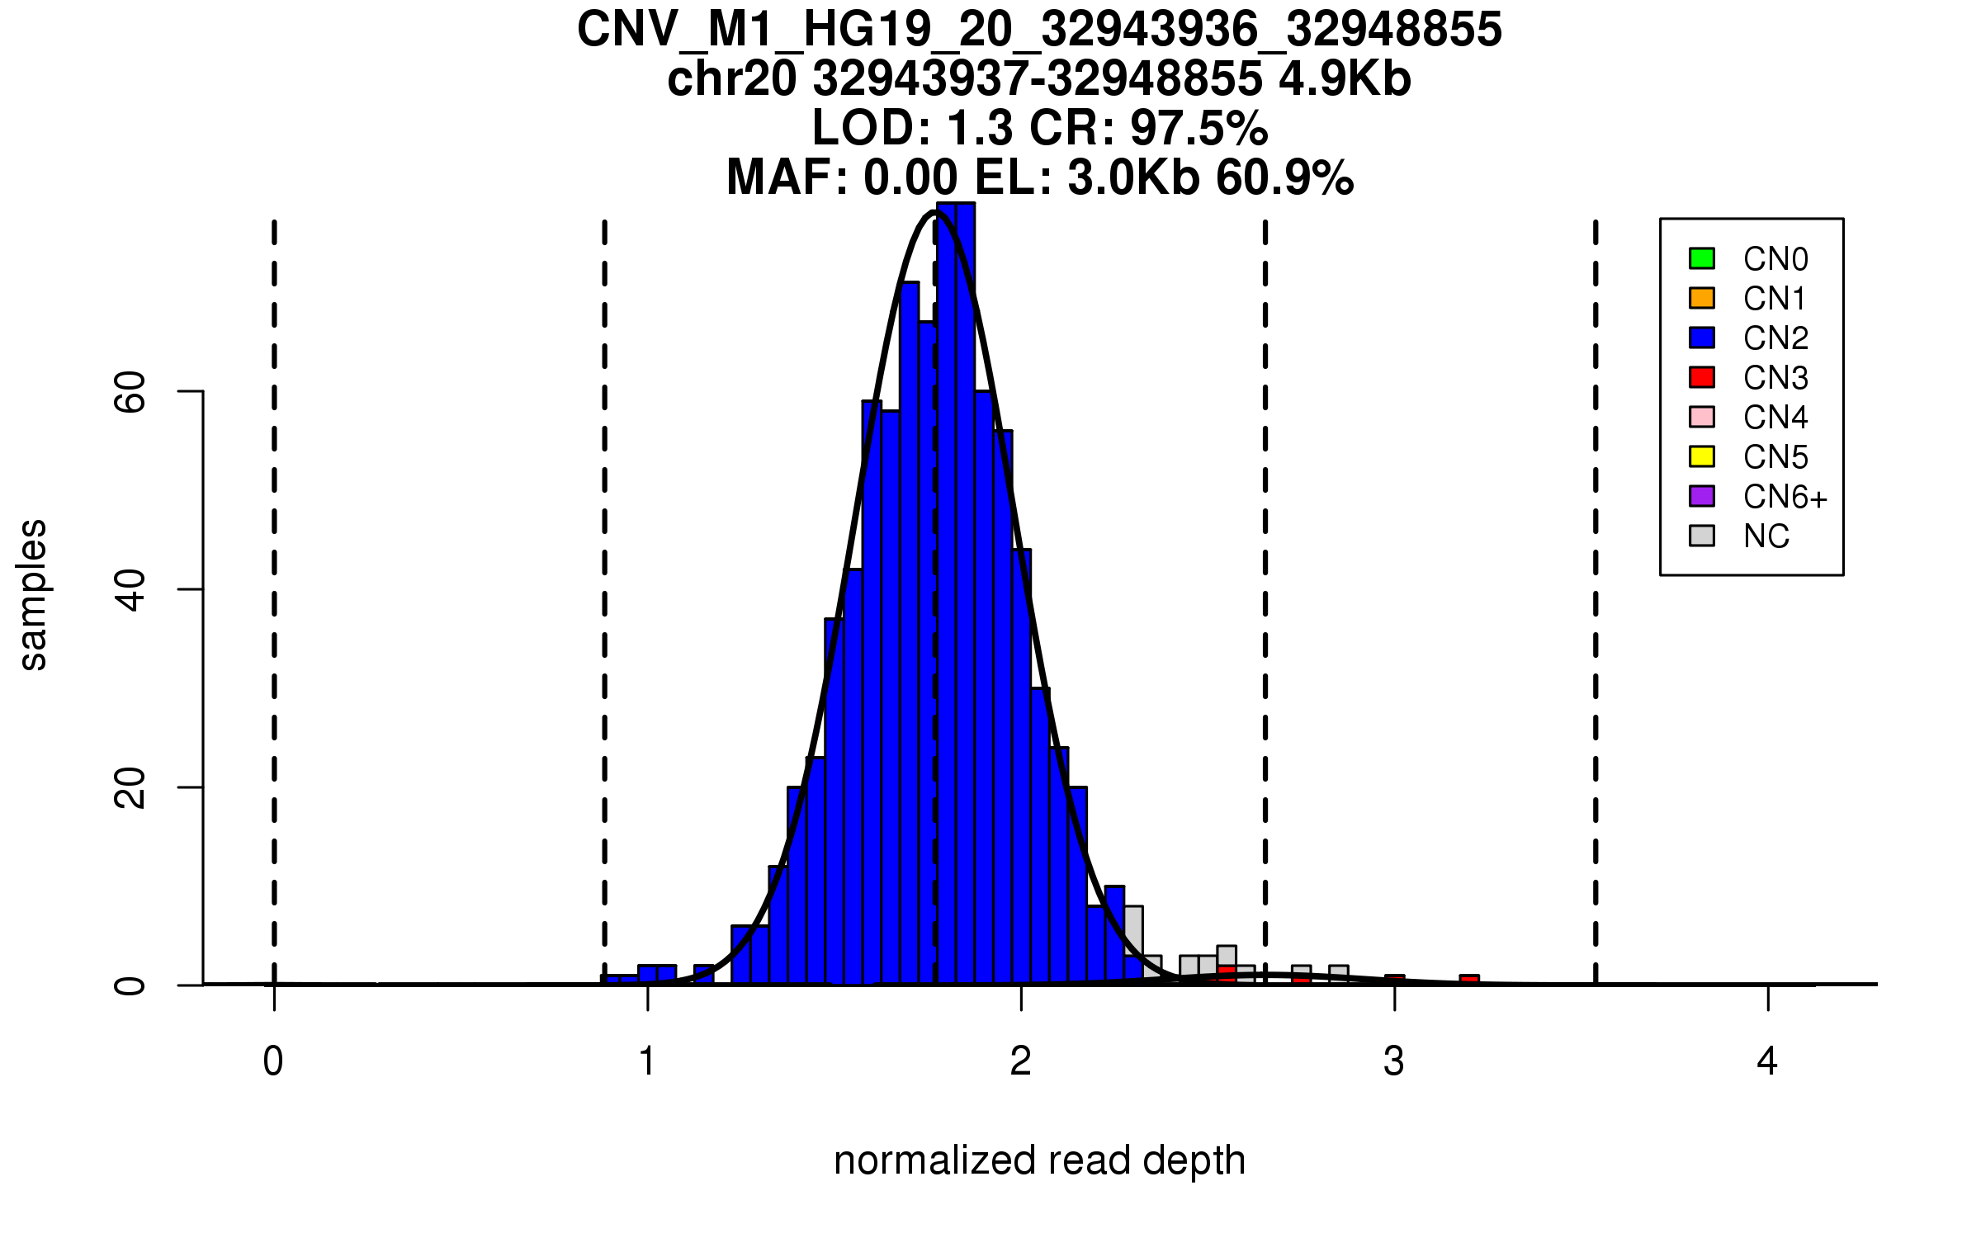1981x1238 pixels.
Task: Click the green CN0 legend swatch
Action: (1702, 258)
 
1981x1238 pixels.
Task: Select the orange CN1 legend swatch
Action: (1702, 298)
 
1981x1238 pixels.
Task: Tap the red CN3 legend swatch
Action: (1702, 377)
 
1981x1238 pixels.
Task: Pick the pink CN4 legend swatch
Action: (1702, 417)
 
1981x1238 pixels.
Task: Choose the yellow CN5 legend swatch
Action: (1702, 456)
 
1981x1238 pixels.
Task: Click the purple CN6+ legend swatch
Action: (1702, 496)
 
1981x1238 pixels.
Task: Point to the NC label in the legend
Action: (1766, 536)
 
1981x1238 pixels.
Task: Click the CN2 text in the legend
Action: (1775, 338)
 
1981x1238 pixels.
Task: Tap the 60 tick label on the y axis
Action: (130, 391)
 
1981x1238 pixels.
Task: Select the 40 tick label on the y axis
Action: (130, 589)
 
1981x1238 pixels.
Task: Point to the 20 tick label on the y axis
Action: (130, 787)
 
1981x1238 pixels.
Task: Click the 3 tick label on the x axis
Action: (1394, 1061)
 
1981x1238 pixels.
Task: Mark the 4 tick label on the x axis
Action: (1767, 1061)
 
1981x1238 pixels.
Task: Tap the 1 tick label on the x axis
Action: (648, 1061)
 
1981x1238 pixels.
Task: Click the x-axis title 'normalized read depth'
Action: (1039, 1160)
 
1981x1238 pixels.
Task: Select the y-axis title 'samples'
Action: (33, 594)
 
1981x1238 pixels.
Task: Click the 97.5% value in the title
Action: (1199, 129)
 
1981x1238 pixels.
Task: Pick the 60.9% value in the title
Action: (1284, 177)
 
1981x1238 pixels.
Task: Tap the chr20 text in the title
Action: (733, 79)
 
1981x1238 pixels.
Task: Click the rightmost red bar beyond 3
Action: (1469, 980)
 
